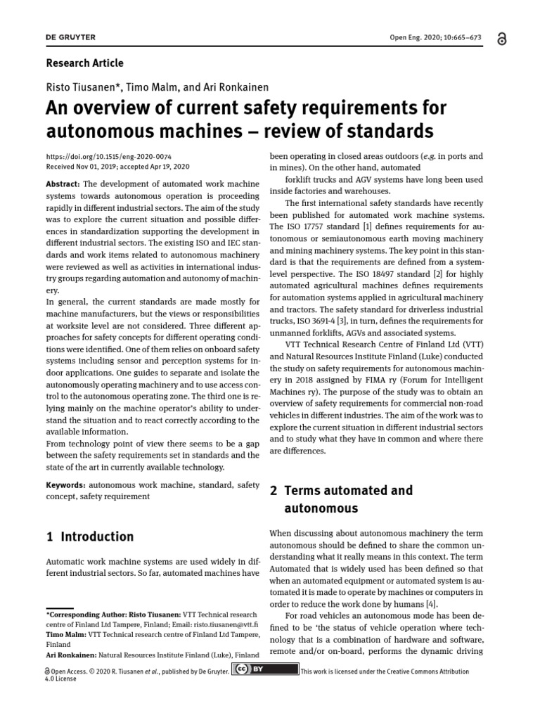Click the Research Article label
pos(84,63)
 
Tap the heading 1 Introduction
pos(89,536)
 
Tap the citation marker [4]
pos(431,603)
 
